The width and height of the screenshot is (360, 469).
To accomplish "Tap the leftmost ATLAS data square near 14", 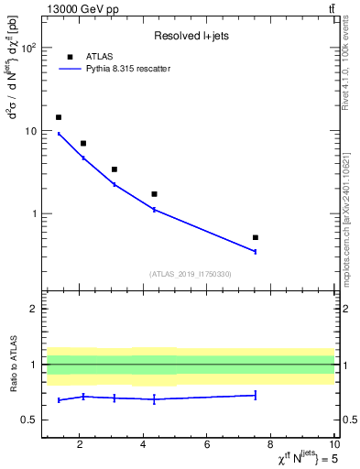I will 59,117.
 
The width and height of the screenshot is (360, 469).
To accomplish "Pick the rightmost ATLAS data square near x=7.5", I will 255,237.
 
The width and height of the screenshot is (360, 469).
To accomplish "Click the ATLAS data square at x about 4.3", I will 154,194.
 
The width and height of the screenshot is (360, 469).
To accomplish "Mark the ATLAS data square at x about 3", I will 114,169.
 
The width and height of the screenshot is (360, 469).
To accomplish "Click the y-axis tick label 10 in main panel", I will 31,131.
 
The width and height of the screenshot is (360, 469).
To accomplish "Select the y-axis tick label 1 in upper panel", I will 34,214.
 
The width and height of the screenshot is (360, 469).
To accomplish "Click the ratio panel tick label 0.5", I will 28,420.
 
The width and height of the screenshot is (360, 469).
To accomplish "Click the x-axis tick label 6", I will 207,446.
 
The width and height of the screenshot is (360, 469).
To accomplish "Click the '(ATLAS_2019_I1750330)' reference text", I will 190,274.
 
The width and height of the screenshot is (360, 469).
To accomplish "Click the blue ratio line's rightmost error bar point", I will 255,395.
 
